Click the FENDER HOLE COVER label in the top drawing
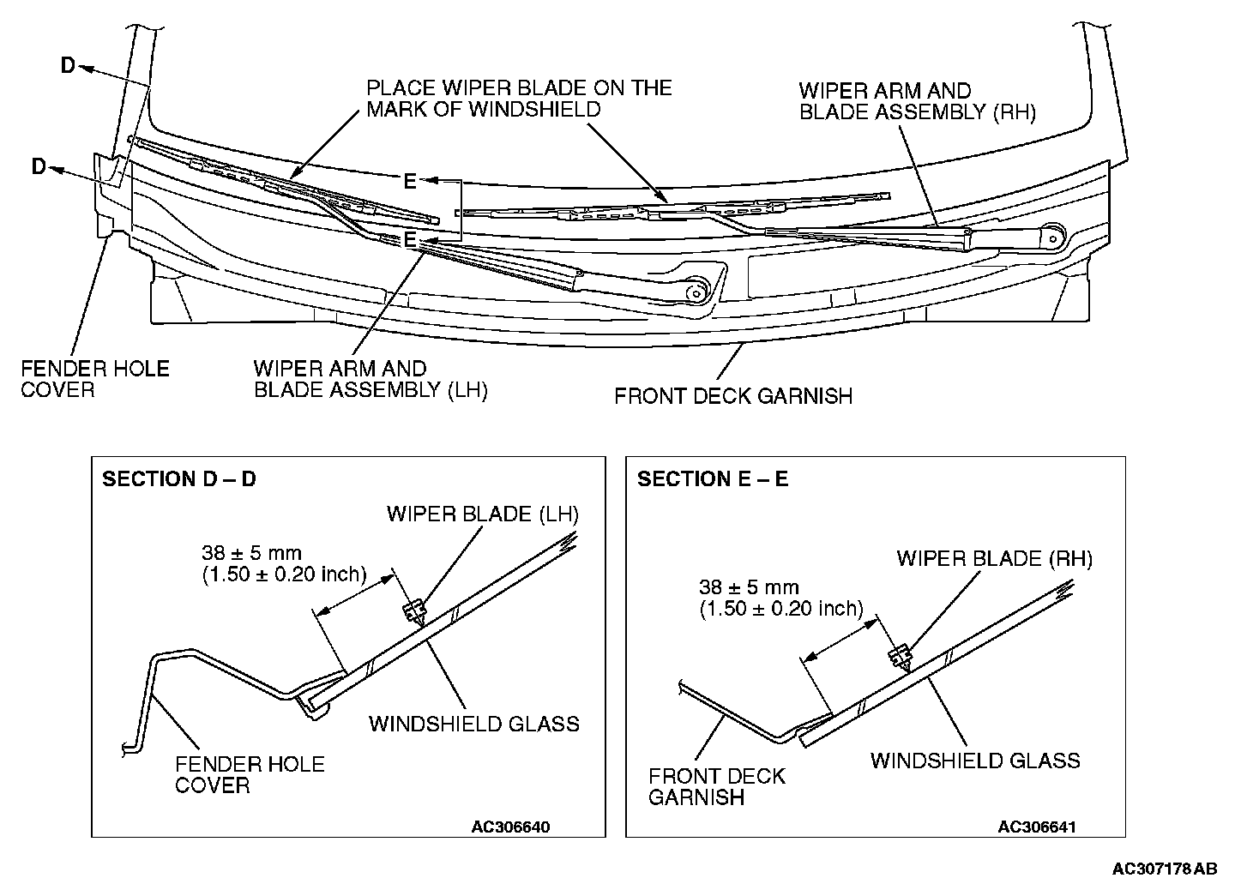click(x=95, y=379)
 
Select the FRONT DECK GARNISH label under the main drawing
click(x=733, y=396)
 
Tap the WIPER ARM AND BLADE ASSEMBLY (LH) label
click(x=370, y=379)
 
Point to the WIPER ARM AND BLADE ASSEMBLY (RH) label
click(x=917, y=101)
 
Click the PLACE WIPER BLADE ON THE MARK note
click(x=519, y=99)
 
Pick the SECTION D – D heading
click(x=179, y=479)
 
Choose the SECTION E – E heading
click(x=713, y=479)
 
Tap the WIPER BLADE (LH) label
click(x=483, y=514)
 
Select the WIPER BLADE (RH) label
click(x=995, y=559)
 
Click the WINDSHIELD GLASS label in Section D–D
click(x=474, y=724)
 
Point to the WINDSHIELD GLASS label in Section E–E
click(x=975, y=761)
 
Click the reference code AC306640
click(x=510, y=827)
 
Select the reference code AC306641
click(x=1037, y=827)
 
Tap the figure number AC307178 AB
click(x=1164, y=869)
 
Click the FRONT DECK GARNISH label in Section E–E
click(x=716, y=786)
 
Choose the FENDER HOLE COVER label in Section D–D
click(x=250, y=774)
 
